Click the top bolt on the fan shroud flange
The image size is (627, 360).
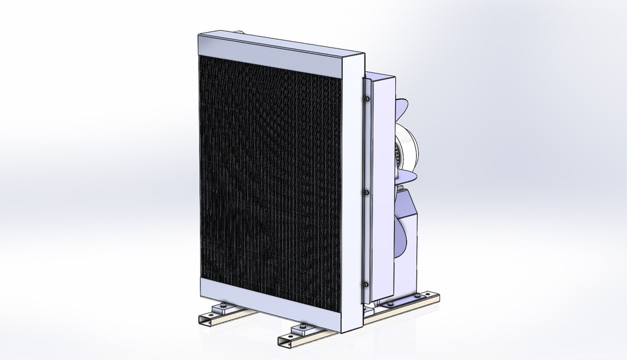click(x=368, y=99)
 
